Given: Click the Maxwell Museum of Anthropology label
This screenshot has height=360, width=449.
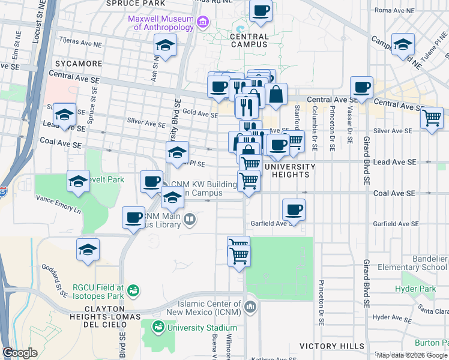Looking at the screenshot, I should tap(161, 22).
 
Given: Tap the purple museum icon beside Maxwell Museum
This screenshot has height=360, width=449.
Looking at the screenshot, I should tap(203, 23).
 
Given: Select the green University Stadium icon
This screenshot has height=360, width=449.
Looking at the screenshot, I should tap(158, 328).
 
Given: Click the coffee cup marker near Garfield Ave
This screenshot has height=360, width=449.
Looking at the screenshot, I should tap(294, 210).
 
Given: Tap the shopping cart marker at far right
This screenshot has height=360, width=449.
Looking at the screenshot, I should tap(432, 118).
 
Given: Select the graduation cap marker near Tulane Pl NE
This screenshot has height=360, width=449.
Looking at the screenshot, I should tap(403, 44).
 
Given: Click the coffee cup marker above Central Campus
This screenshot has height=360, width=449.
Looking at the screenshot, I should tap(261, 11).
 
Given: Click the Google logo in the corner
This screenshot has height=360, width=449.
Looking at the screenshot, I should tap(20, 353).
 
